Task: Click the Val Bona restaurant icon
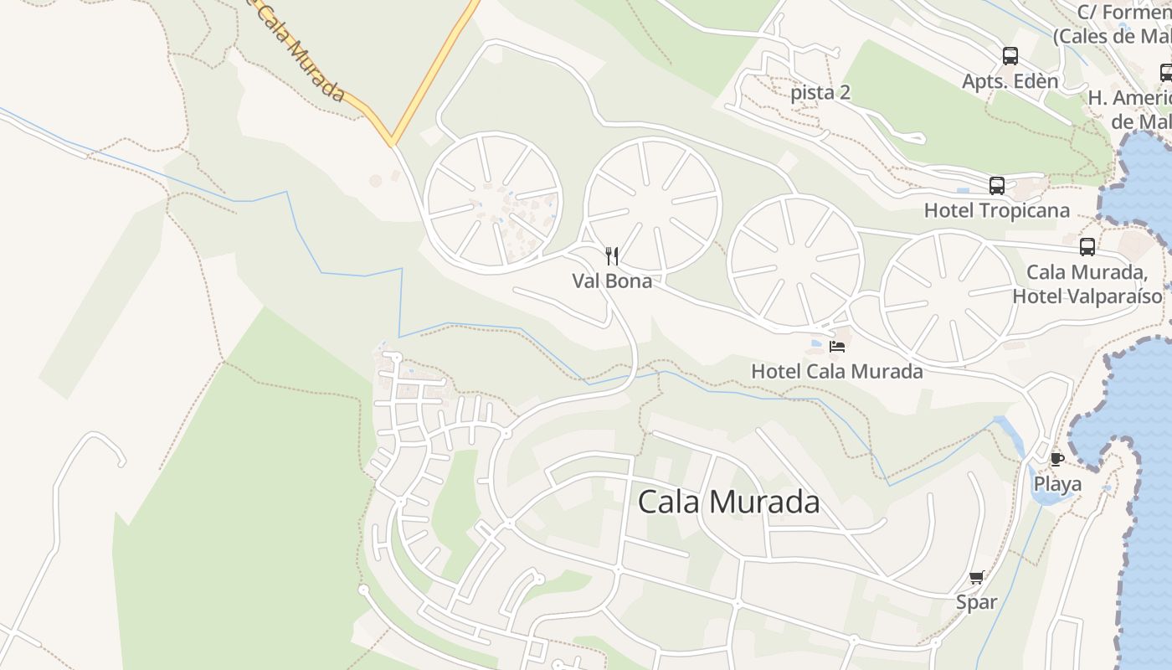pos(612,256)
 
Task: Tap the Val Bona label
pos(612,281)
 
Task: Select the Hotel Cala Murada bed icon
pos(837,346)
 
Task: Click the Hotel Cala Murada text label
pos(837,371)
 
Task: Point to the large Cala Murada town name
pos(728,502)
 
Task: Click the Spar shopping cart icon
pos(976,578)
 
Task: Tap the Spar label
pos(977,602)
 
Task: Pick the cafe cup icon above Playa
pos(1056,459)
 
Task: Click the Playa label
pos(1057,484)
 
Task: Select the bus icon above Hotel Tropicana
pos(996,186)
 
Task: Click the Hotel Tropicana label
pos(996,210)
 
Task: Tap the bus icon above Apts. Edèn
pos(1010,56)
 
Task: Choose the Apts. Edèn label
pos(1010,81)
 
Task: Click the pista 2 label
pos(820,92)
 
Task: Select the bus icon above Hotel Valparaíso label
pos(1087,247)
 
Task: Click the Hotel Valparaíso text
pos(1087,296)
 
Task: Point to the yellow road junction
pos(390,142)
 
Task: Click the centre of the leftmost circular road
pos(493,203)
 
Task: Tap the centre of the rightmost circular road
pos(948,298)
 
